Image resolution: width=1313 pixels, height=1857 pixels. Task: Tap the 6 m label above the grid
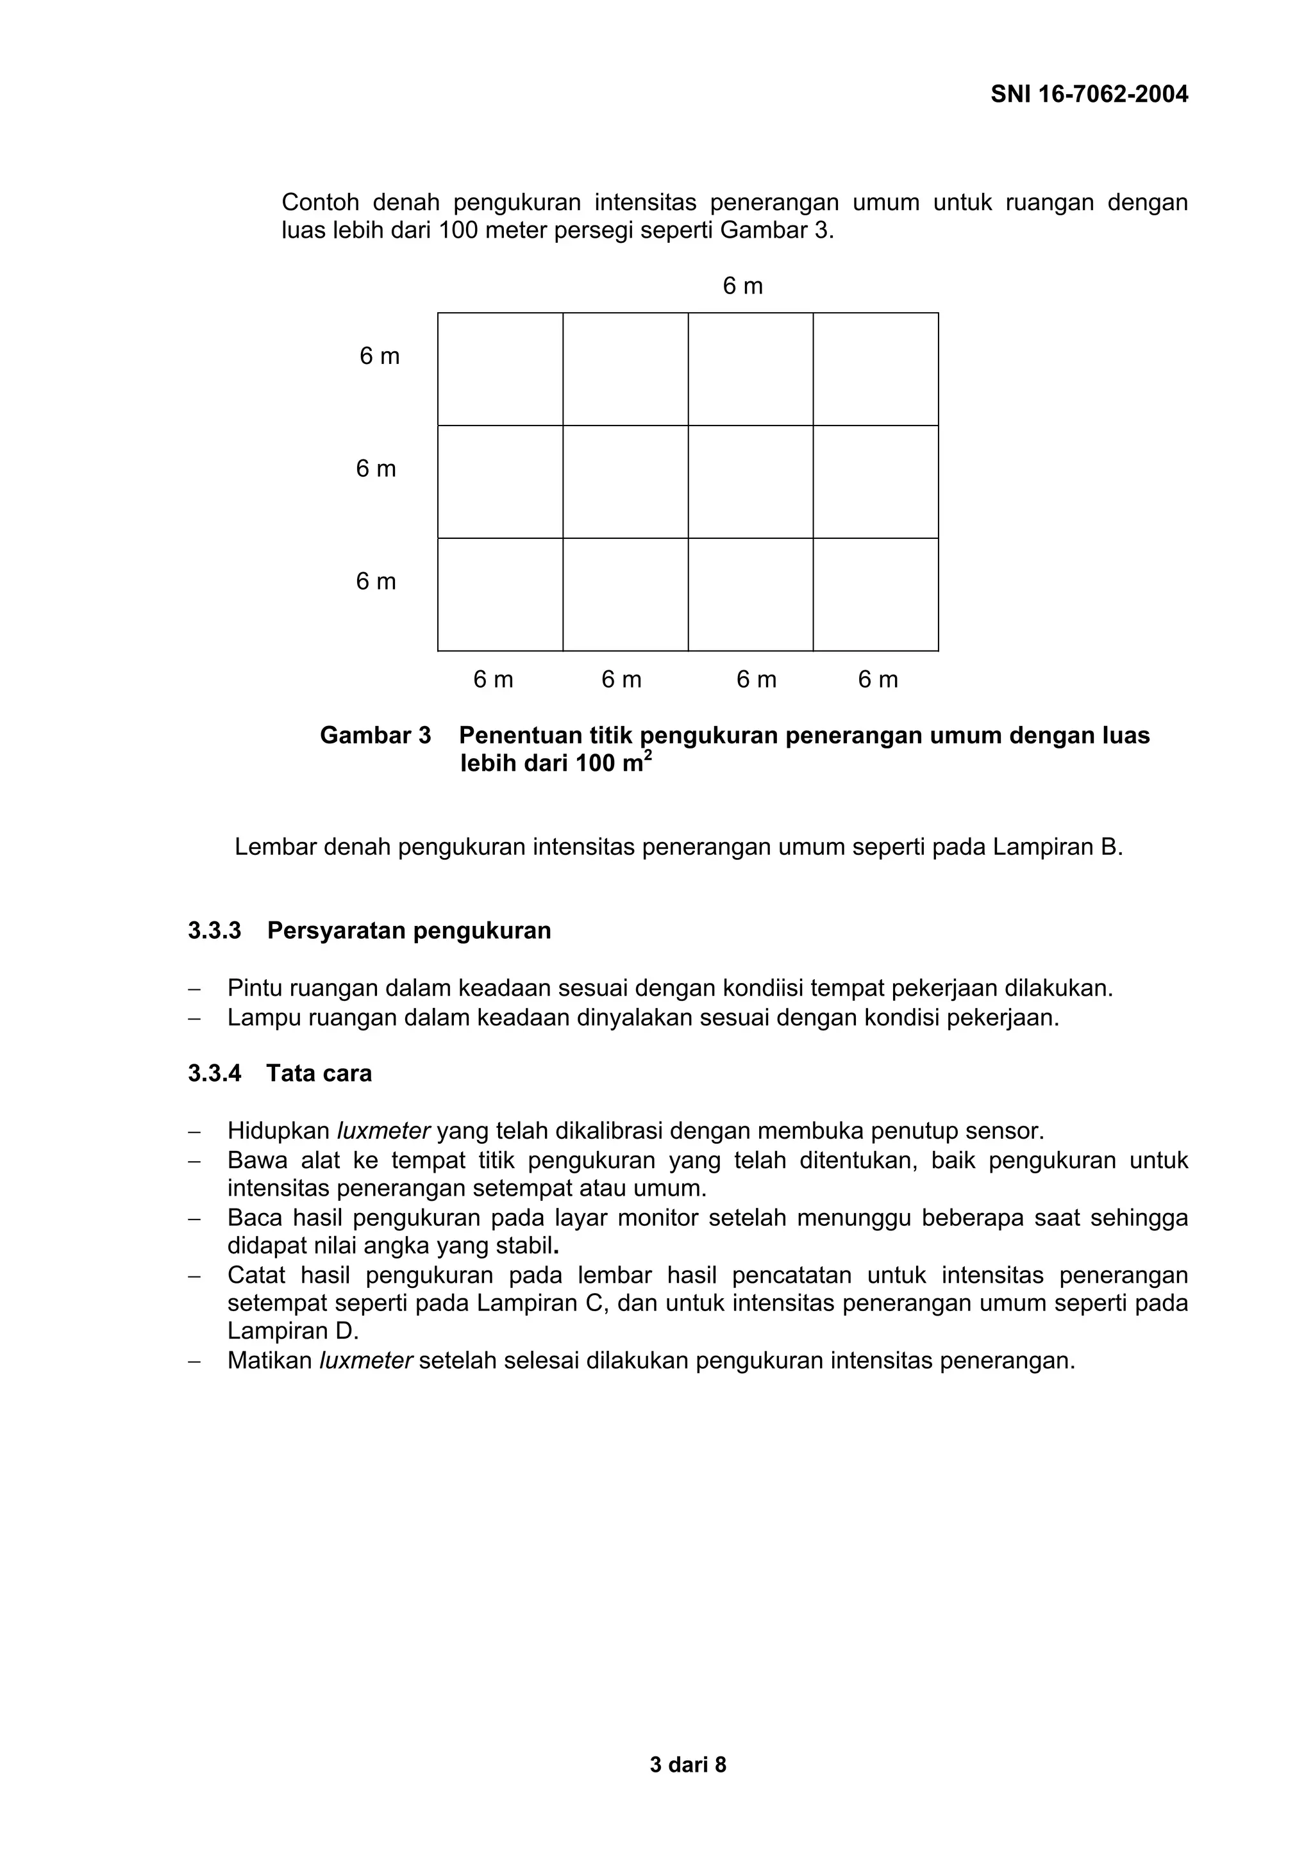742,286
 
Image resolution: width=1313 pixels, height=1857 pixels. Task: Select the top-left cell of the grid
500,369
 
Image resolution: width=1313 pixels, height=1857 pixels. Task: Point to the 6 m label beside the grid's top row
380,357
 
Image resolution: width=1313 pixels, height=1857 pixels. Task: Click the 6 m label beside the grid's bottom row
376,582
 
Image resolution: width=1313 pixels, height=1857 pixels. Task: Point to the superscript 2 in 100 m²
648,755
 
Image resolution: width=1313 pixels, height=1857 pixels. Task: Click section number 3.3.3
214,931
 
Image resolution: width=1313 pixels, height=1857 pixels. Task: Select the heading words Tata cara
319,1073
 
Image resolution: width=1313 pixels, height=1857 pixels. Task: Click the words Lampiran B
1057,847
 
